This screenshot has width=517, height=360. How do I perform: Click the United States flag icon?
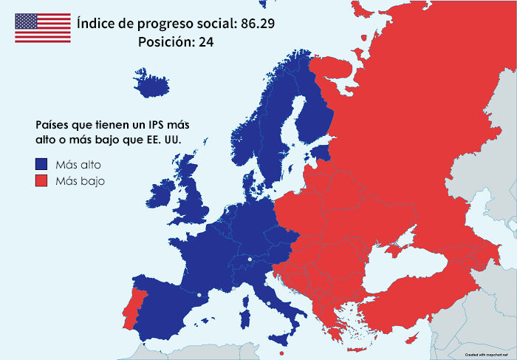click(x=43, y=28)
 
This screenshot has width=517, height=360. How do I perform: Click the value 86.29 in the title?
click(x=257, y=23)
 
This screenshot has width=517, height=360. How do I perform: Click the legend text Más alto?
click(x=73, y=163)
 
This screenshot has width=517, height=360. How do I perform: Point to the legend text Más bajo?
click(x=74, y=181)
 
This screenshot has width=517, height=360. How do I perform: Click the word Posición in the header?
click(x=162, y=42)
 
